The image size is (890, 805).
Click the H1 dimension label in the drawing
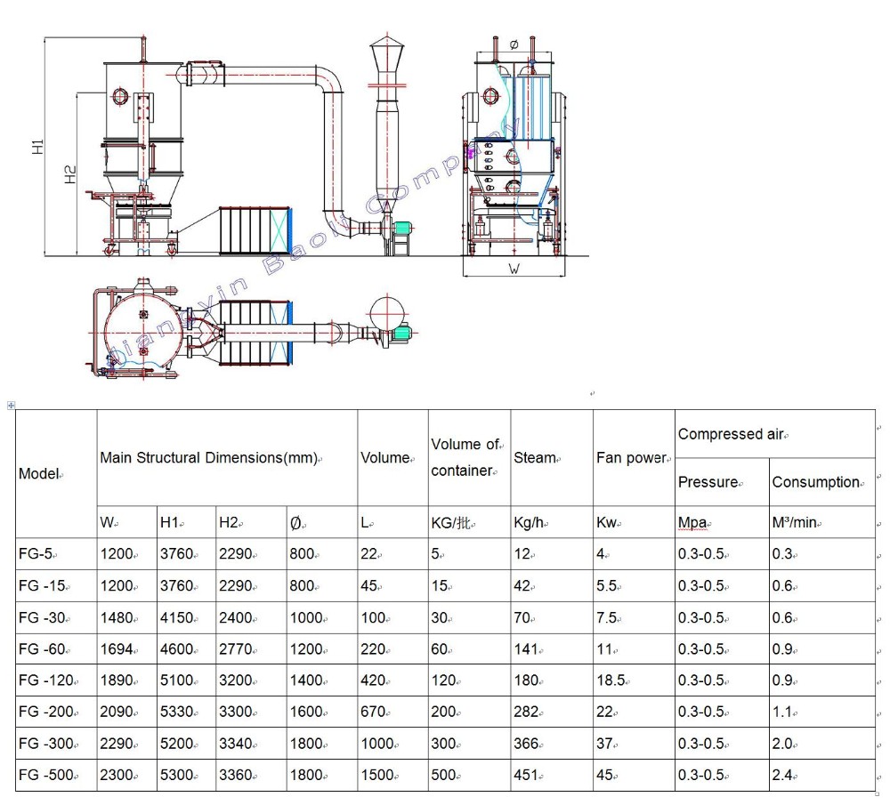(37, 147)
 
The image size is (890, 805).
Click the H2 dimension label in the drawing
(70, 174)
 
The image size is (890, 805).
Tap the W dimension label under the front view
(514, 267)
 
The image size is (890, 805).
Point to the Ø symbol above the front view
(514, 44)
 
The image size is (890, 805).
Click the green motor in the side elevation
(403, 228)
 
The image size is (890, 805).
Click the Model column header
(37, 473)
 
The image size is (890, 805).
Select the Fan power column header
(631, 458)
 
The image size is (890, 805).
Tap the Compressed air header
(731, 434)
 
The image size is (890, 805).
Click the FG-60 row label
(41, 649)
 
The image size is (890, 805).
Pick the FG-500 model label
(44, 775)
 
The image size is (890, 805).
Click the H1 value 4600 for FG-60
(175, 649)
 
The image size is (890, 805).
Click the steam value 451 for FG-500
(525, 775)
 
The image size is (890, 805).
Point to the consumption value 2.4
(782, 775)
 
